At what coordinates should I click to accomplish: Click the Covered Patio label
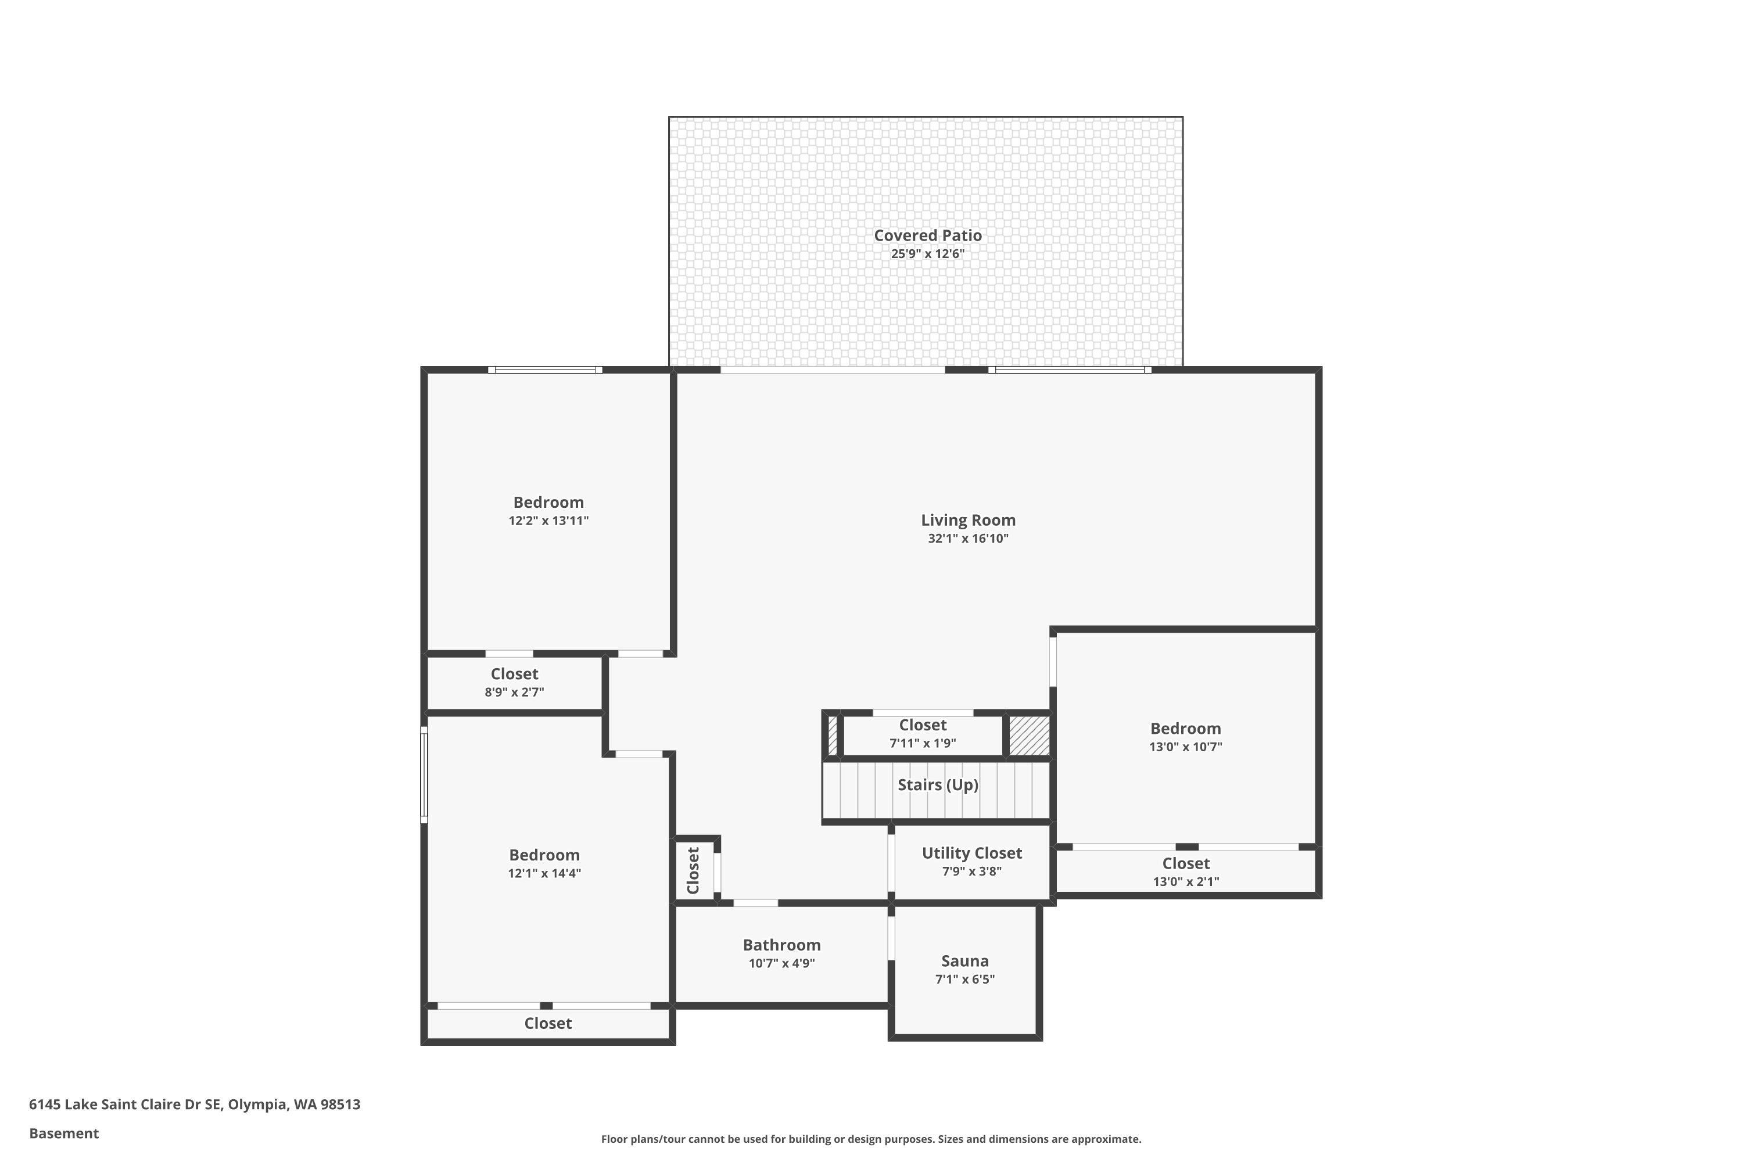928,236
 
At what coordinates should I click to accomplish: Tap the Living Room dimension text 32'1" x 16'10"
968,539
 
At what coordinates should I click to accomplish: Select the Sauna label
965,961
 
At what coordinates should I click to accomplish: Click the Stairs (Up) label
938,786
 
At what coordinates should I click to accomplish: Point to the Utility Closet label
971,853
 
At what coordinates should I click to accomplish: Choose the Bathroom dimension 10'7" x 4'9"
782,963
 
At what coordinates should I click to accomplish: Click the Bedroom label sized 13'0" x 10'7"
1186,729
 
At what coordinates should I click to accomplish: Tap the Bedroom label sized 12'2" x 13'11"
548,503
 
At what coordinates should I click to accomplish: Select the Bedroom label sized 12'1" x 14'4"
545,855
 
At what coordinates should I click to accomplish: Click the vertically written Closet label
694,871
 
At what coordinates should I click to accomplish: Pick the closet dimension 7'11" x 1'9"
923,743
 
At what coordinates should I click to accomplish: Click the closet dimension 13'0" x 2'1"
1186,882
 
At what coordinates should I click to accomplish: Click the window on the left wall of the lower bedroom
424,774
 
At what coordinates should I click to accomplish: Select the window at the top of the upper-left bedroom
545,370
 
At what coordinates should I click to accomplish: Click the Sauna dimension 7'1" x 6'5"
965,980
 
